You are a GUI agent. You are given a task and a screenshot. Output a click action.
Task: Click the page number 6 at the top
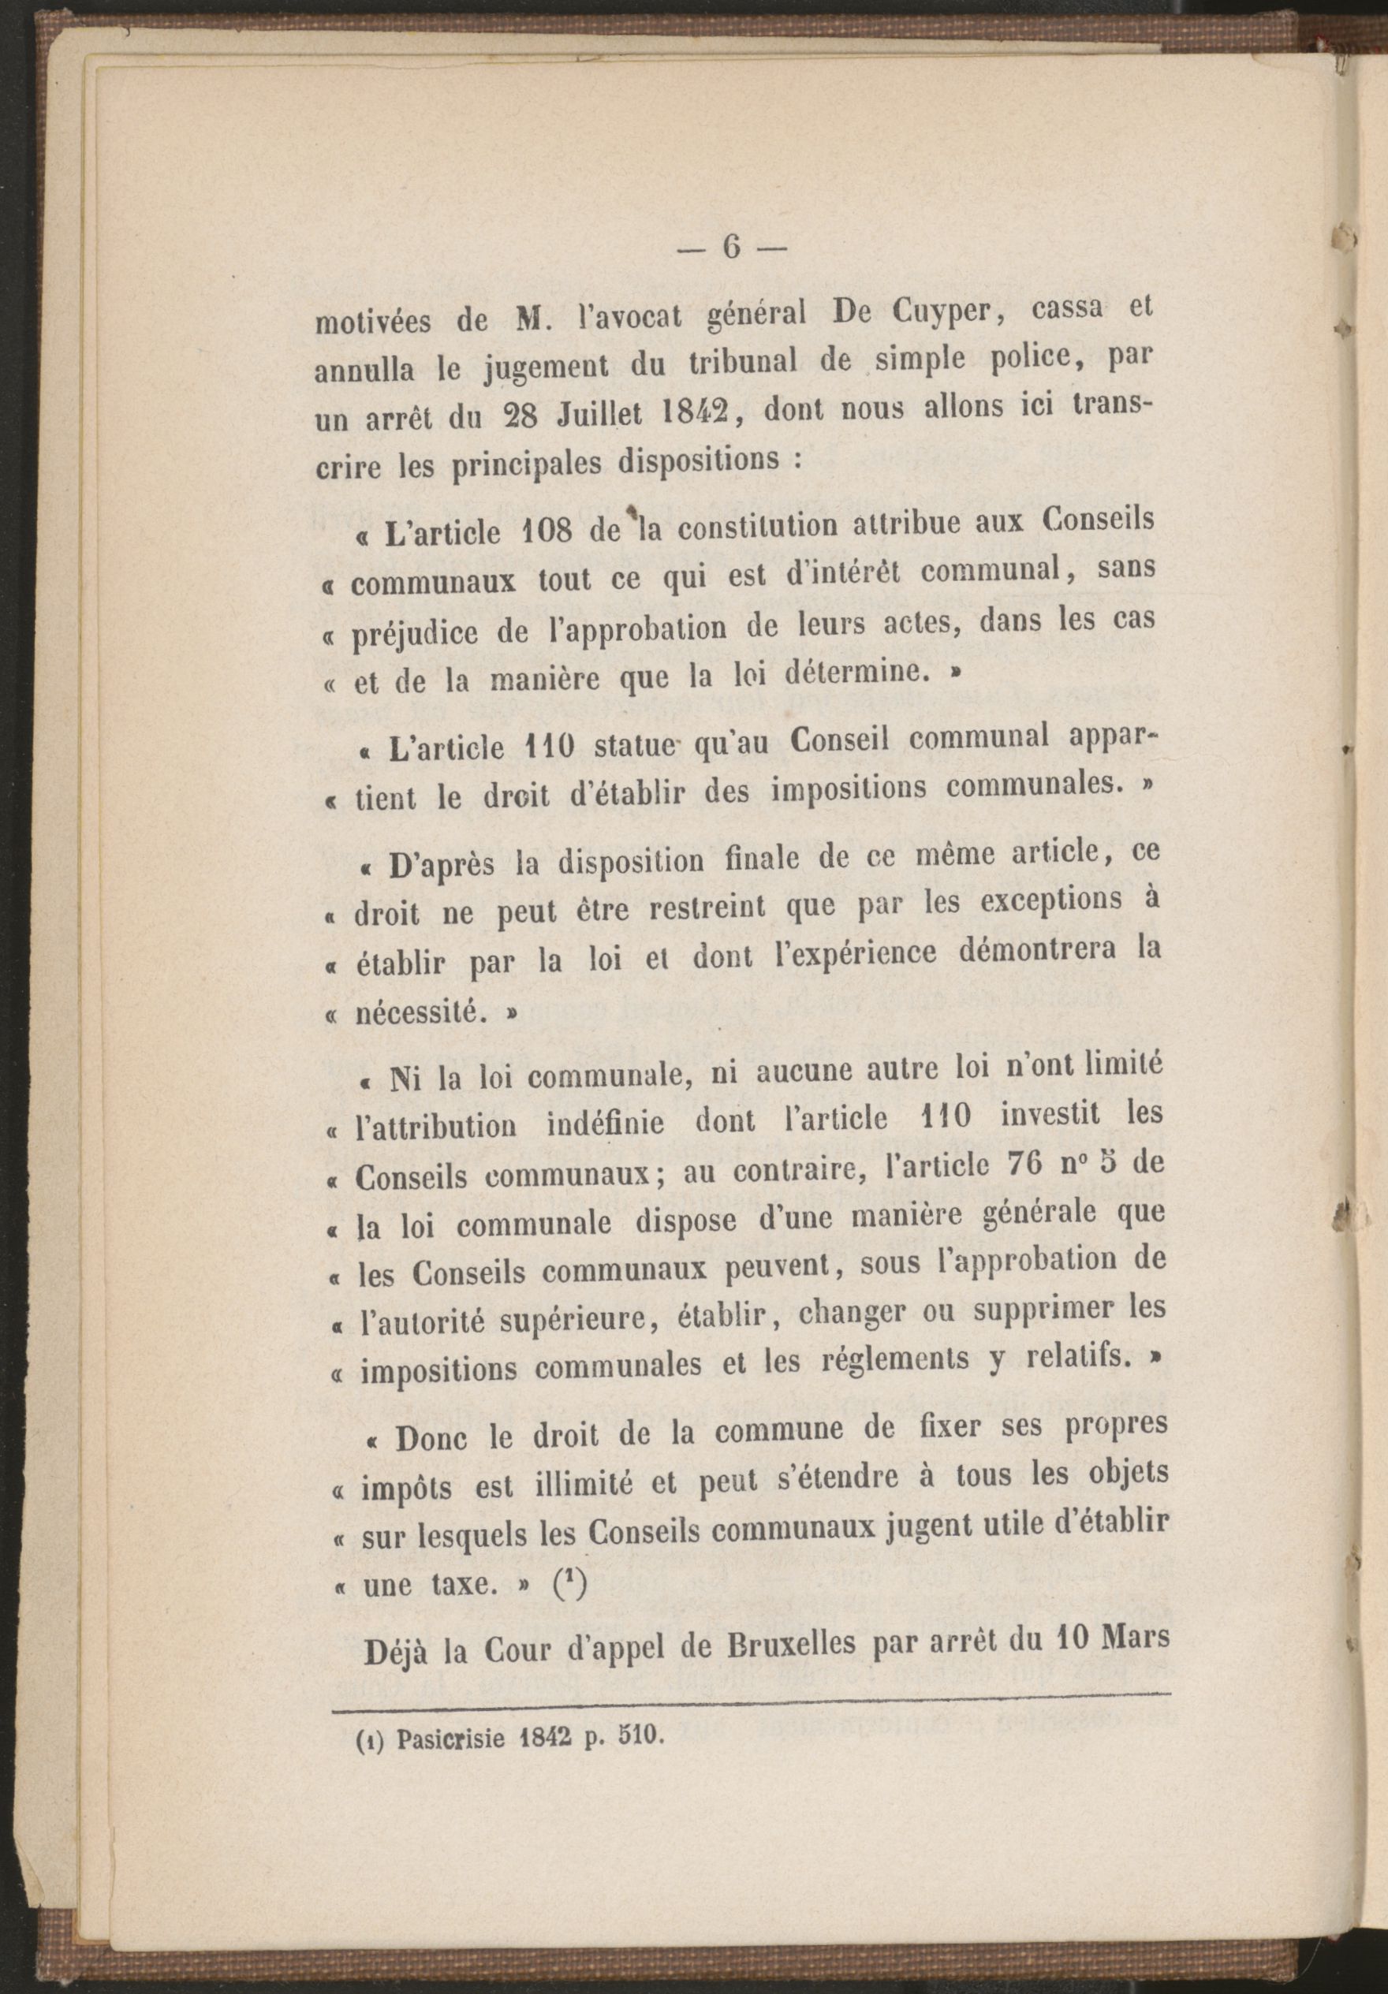pyautogui.click(x=729, y=249)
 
